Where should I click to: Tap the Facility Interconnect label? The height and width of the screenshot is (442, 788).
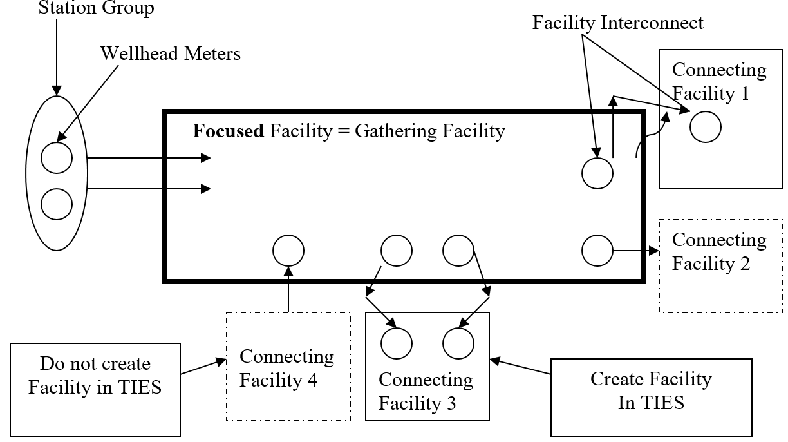617,23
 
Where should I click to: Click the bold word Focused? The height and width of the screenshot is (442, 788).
229,131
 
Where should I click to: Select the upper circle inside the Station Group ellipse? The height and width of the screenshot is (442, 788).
57,158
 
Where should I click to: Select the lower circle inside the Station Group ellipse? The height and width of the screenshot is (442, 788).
57,204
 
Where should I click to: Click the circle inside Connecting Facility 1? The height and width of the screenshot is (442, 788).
706,127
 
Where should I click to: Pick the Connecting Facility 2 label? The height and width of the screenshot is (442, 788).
719,251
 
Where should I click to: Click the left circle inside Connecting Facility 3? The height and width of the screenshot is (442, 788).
397,343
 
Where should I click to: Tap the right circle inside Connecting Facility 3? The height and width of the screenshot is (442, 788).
458,343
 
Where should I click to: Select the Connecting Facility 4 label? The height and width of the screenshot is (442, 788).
286,368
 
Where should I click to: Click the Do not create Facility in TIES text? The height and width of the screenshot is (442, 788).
96,376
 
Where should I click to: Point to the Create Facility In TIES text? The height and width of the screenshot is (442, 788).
651,390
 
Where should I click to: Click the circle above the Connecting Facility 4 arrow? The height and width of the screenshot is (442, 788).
288,251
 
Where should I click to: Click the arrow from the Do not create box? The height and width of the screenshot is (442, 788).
203,366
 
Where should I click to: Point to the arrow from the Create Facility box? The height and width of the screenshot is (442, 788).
521,367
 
